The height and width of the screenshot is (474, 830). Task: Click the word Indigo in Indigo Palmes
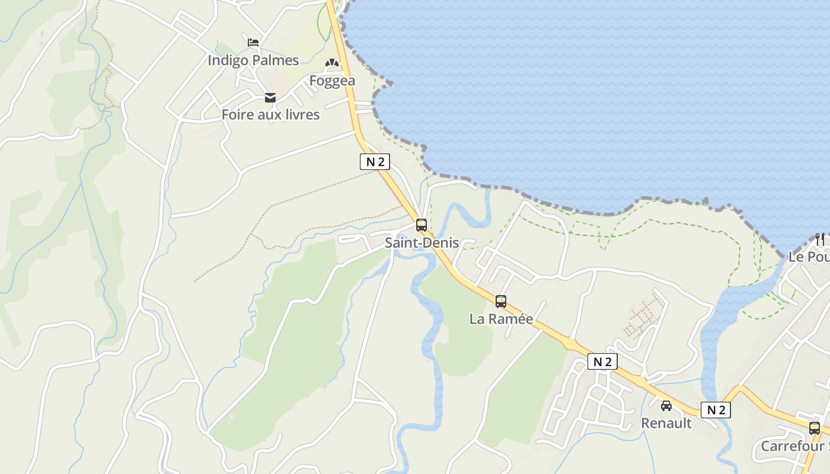(x=228, y=60)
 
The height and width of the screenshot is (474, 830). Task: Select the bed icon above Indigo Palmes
(x=253, y=43)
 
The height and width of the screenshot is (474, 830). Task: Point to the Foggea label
(x=332, y=81)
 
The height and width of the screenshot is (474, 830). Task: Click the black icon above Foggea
(x=331, y=63)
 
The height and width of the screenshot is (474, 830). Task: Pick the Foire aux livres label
(x=270, y=115)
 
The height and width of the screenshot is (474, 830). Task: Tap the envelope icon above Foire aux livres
(x=270, y=98)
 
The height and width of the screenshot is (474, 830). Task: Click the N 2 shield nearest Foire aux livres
(x=375, y=162)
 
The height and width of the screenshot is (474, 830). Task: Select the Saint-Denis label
(x=422, y=243)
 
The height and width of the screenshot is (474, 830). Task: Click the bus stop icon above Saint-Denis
(x=422, y=225)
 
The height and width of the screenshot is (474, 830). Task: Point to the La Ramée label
(x=501, y=319)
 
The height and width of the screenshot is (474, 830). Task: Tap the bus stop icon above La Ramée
(x=501, y=302)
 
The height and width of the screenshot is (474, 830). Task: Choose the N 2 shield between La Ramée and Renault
(x=602, y=361)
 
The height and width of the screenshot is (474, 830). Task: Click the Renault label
(x=666, y=423)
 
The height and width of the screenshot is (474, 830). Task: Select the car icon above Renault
(x=666, y=406)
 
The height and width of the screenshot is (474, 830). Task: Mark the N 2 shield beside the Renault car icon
(x=716, y=410)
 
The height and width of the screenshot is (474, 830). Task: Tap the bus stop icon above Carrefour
(x=815, y=428)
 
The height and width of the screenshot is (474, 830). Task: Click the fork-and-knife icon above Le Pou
(x=820, y=239)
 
